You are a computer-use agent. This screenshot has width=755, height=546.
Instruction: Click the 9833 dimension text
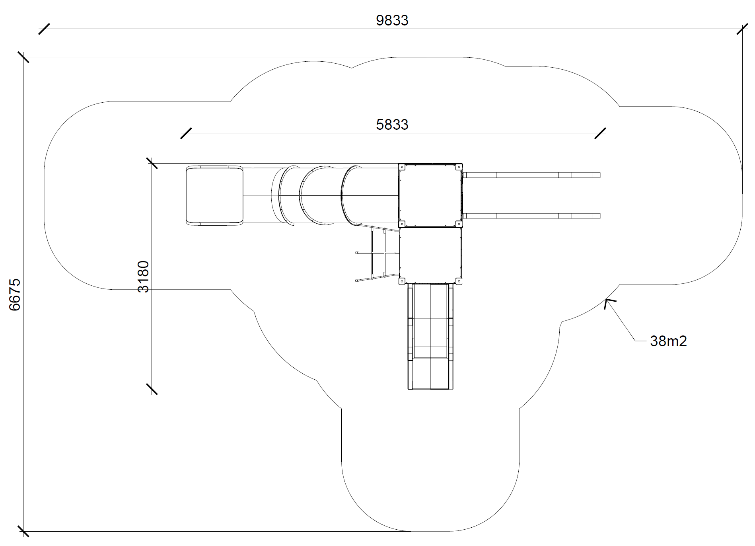pos(392,20)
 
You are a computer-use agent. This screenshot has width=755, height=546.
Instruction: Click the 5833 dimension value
pos(392,125)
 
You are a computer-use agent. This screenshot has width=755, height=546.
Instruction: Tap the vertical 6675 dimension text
pos(15,294)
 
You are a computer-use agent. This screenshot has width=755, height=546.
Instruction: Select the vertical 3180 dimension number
pos(143,277)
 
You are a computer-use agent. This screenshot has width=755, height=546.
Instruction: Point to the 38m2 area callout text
pos(668,341)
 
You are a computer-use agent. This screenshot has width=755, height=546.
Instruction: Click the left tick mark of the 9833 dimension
pos(44,29)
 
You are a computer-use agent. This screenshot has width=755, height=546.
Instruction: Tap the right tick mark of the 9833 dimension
pos(742,29)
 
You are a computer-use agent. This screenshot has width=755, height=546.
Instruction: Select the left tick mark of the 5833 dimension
pos(186,133)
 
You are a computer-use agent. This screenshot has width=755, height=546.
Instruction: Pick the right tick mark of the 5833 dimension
pos(600,133)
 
